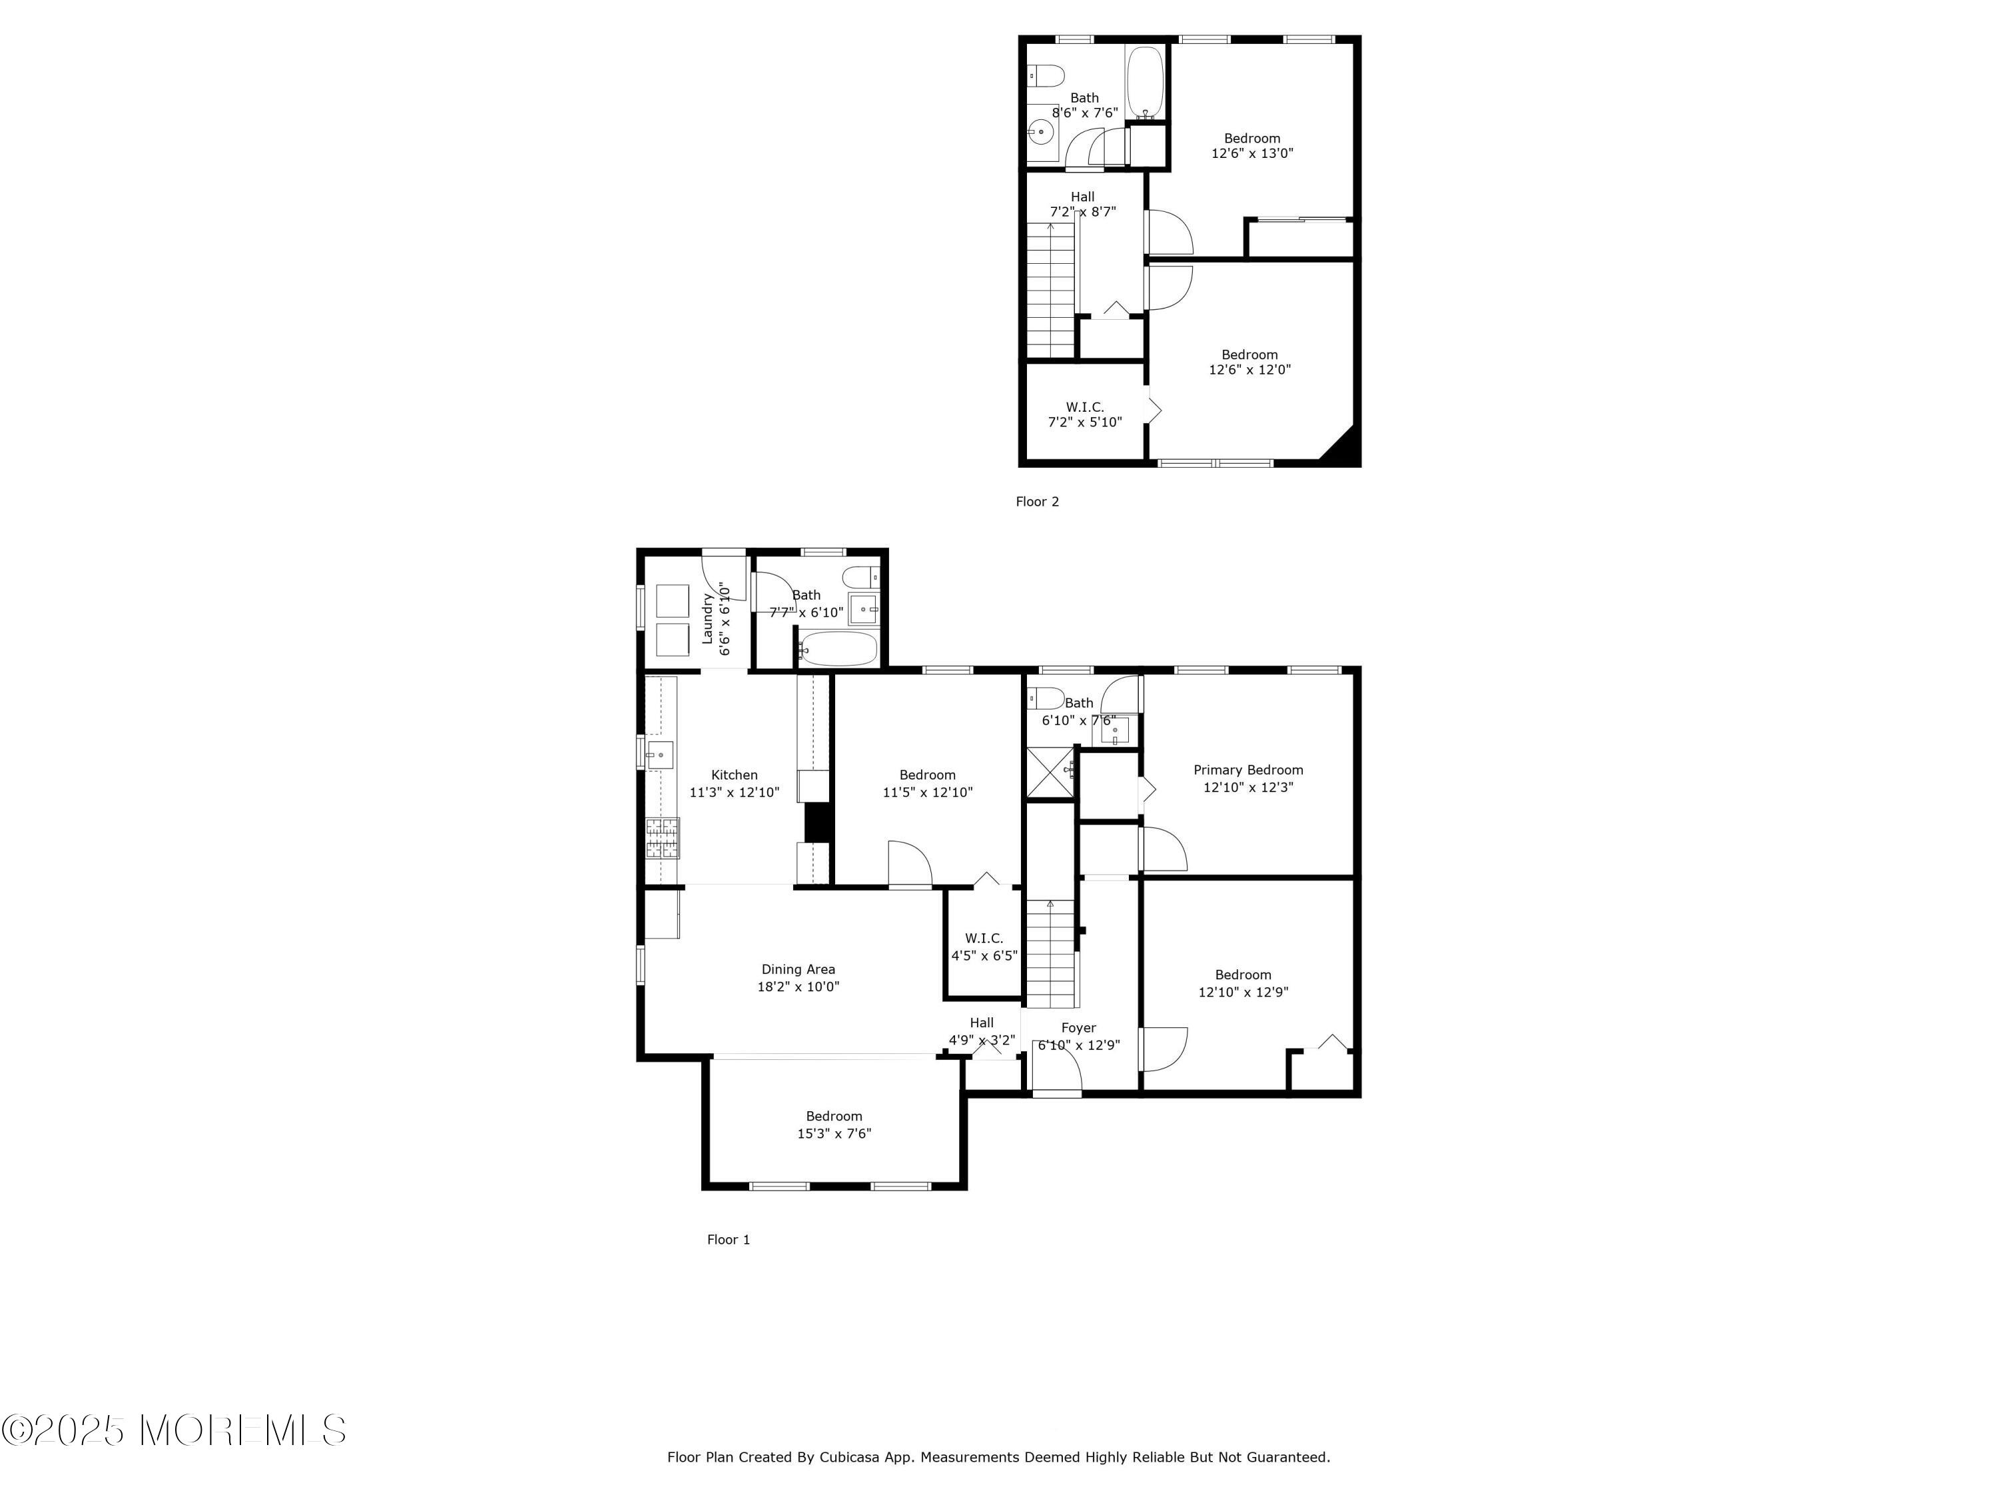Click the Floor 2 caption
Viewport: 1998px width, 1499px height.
[x=1037, y=502]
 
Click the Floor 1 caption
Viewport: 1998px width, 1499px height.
[x=728, y=1240]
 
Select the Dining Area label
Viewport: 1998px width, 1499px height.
[x=799, y=969]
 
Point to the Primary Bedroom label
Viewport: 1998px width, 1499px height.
[x=1248, y=770]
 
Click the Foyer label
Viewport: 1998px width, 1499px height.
[x=1078, y=1028]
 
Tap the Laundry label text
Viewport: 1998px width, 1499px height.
[x=708, y=618]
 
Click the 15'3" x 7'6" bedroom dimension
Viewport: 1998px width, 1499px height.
[x=834, y=1133]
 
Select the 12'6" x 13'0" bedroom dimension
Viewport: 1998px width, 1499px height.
[x=1252, y=154]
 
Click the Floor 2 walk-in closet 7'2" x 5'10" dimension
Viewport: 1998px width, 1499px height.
[x=1085, y=422]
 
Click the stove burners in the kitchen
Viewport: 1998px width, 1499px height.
[x=663, y=837]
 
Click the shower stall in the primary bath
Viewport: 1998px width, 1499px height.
[x=1050, y=773]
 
